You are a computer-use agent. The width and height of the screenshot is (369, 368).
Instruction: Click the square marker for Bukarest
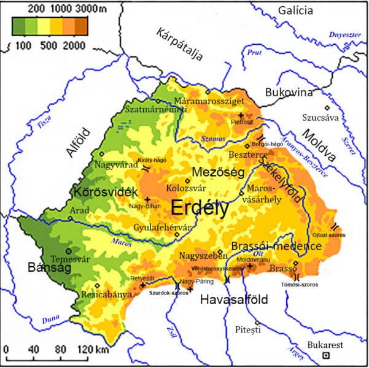tap(327, 355)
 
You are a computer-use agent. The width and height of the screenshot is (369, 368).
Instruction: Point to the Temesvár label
tap(69, 259)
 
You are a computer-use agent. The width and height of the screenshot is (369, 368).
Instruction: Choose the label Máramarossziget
tap(209, 100)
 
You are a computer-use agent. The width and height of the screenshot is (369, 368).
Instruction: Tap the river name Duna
tap(51, 320)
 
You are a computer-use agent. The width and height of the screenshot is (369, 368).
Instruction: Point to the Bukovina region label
tap(289, 93)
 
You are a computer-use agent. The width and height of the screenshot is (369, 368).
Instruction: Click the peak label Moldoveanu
tap(253, 259)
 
